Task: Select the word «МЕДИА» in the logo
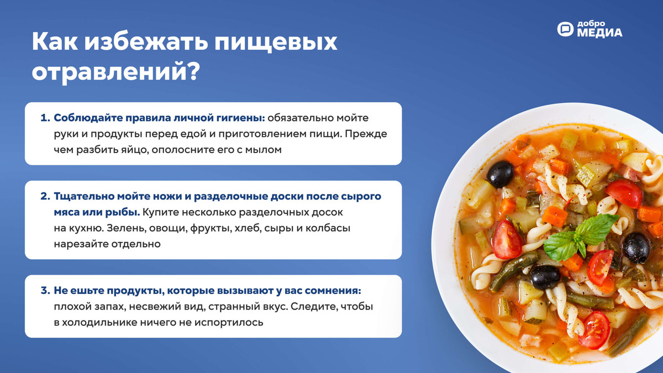click(599, 33)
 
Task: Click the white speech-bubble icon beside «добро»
click(566, 29)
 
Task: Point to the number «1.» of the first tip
click(45, 118)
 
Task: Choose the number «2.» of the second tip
click(45, 197)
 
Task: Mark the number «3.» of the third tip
click(45, 291)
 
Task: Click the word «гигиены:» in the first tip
click(241, 118)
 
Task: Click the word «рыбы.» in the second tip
click(124, 212)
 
